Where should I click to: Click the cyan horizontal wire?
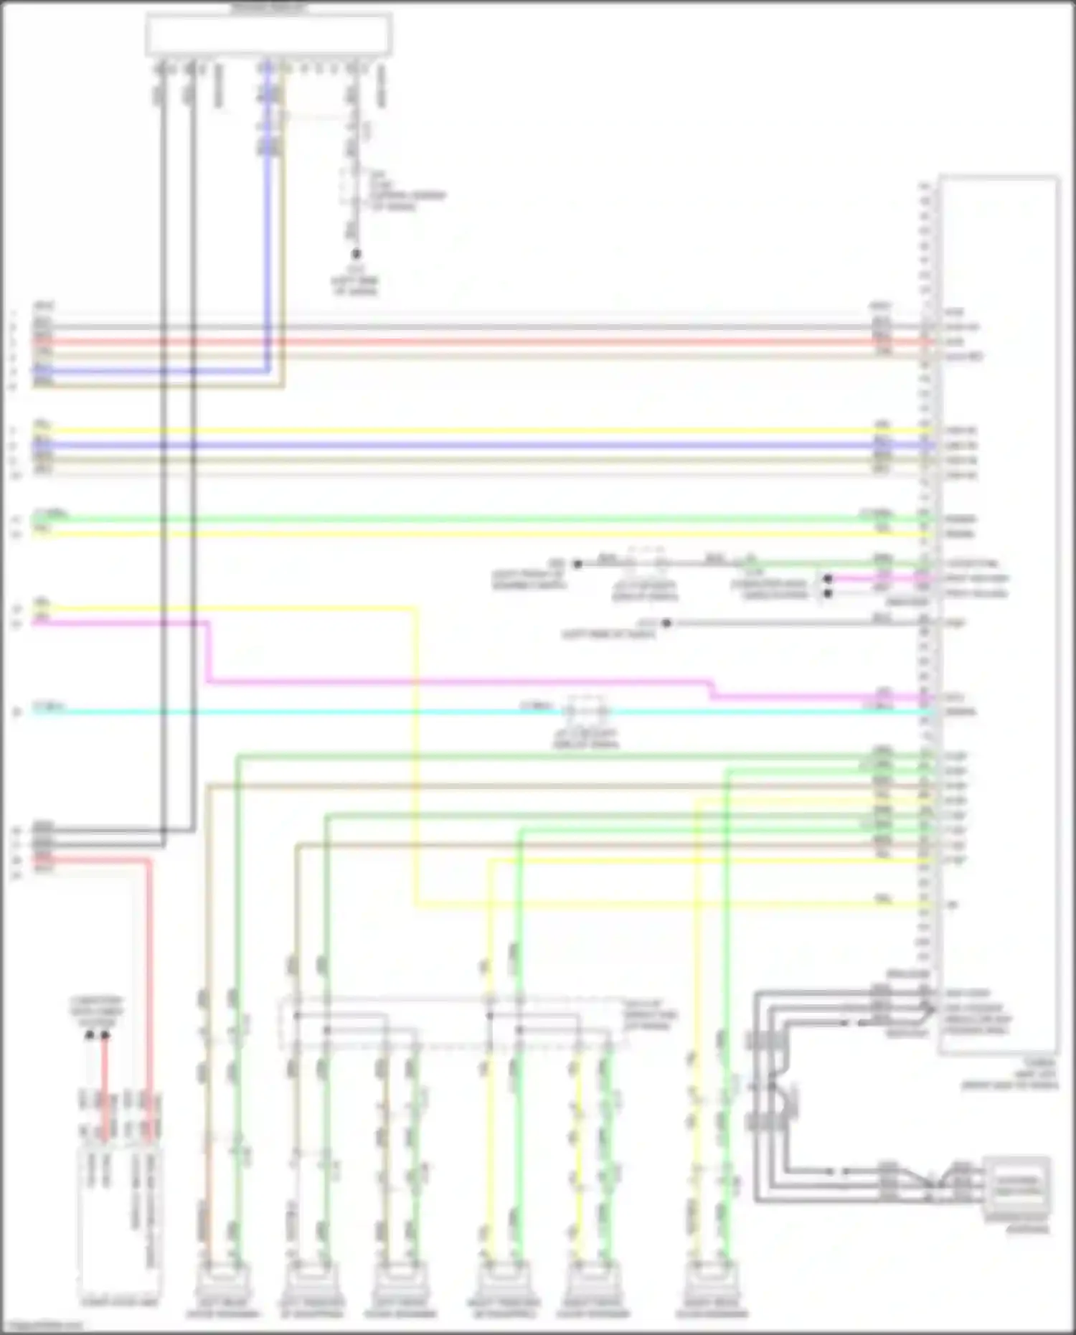click(287, 712)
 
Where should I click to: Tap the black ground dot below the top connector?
click(356, 254)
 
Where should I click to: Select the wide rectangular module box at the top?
click(268, 34)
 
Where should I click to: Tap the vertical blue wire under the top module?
click(270, 215)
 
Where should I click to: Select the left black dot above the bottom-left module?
click(90, 1035)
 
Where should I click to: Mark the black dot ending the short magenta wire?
click(827, 578)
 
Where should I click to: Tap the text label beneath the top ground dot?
click(355, 281)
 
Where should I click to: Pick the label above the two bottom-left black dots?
click(97, 1011)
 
